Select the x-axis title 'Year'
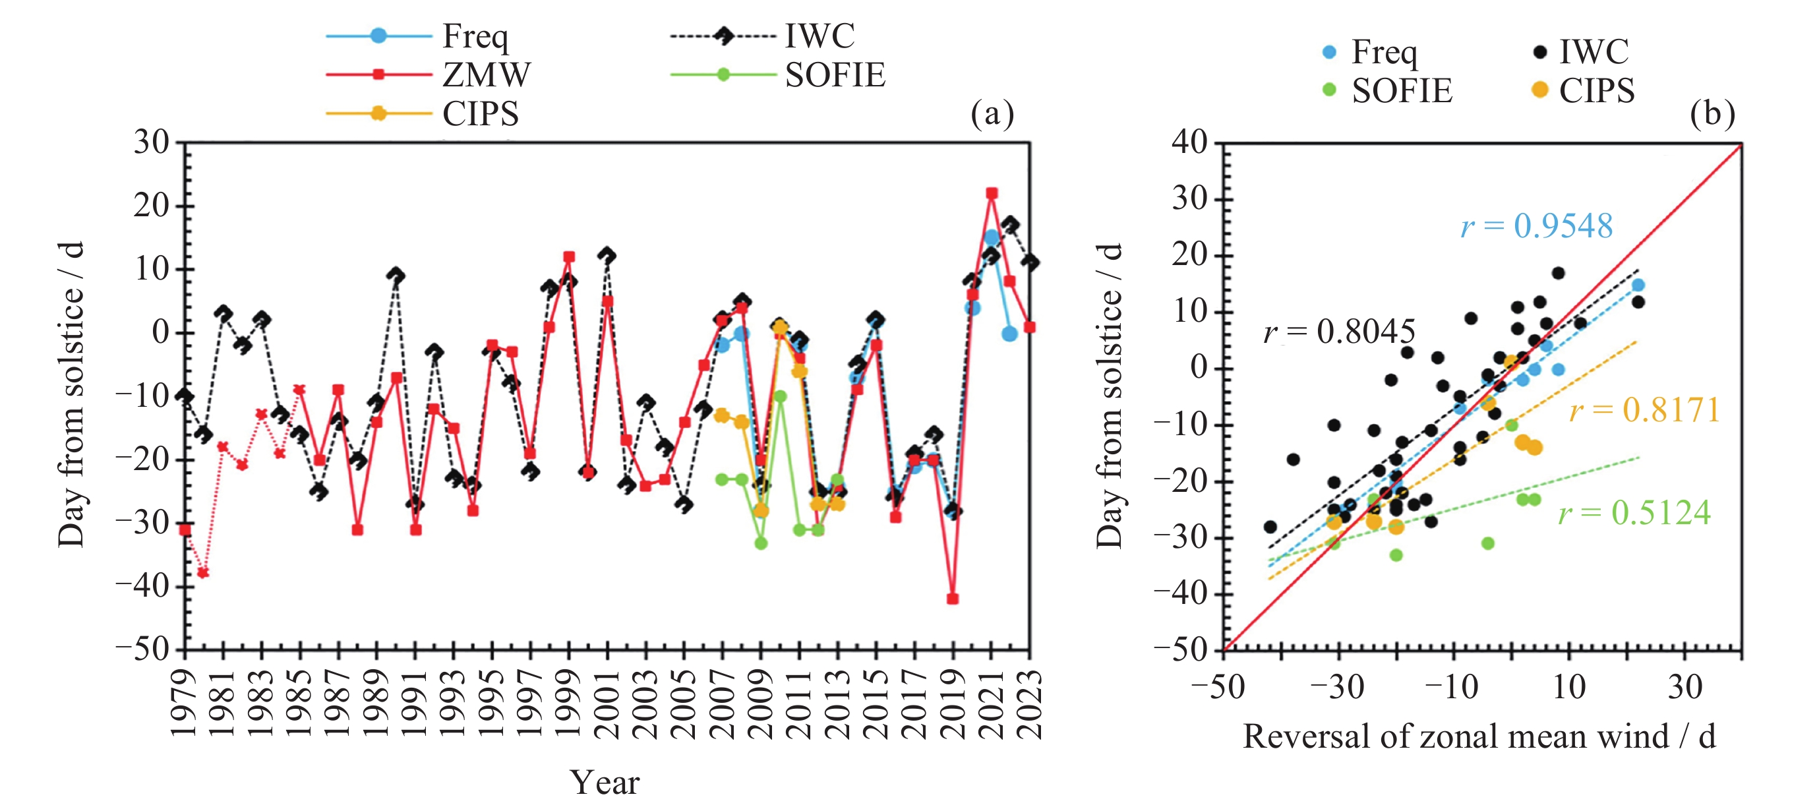coord(605,782)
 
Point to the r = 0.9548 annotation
coord(1537,226)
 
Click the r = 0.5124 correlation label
coord(1634,513)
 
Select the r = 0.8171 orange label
coord(1645,410)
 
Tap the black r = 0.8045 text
coord(1339,332)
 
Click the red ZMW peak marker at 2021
coord(992,193)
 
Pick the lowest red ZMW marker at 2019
coord(953,599)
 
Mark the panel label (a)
coord(992,113)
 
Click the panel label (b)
coord(1712,113)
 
